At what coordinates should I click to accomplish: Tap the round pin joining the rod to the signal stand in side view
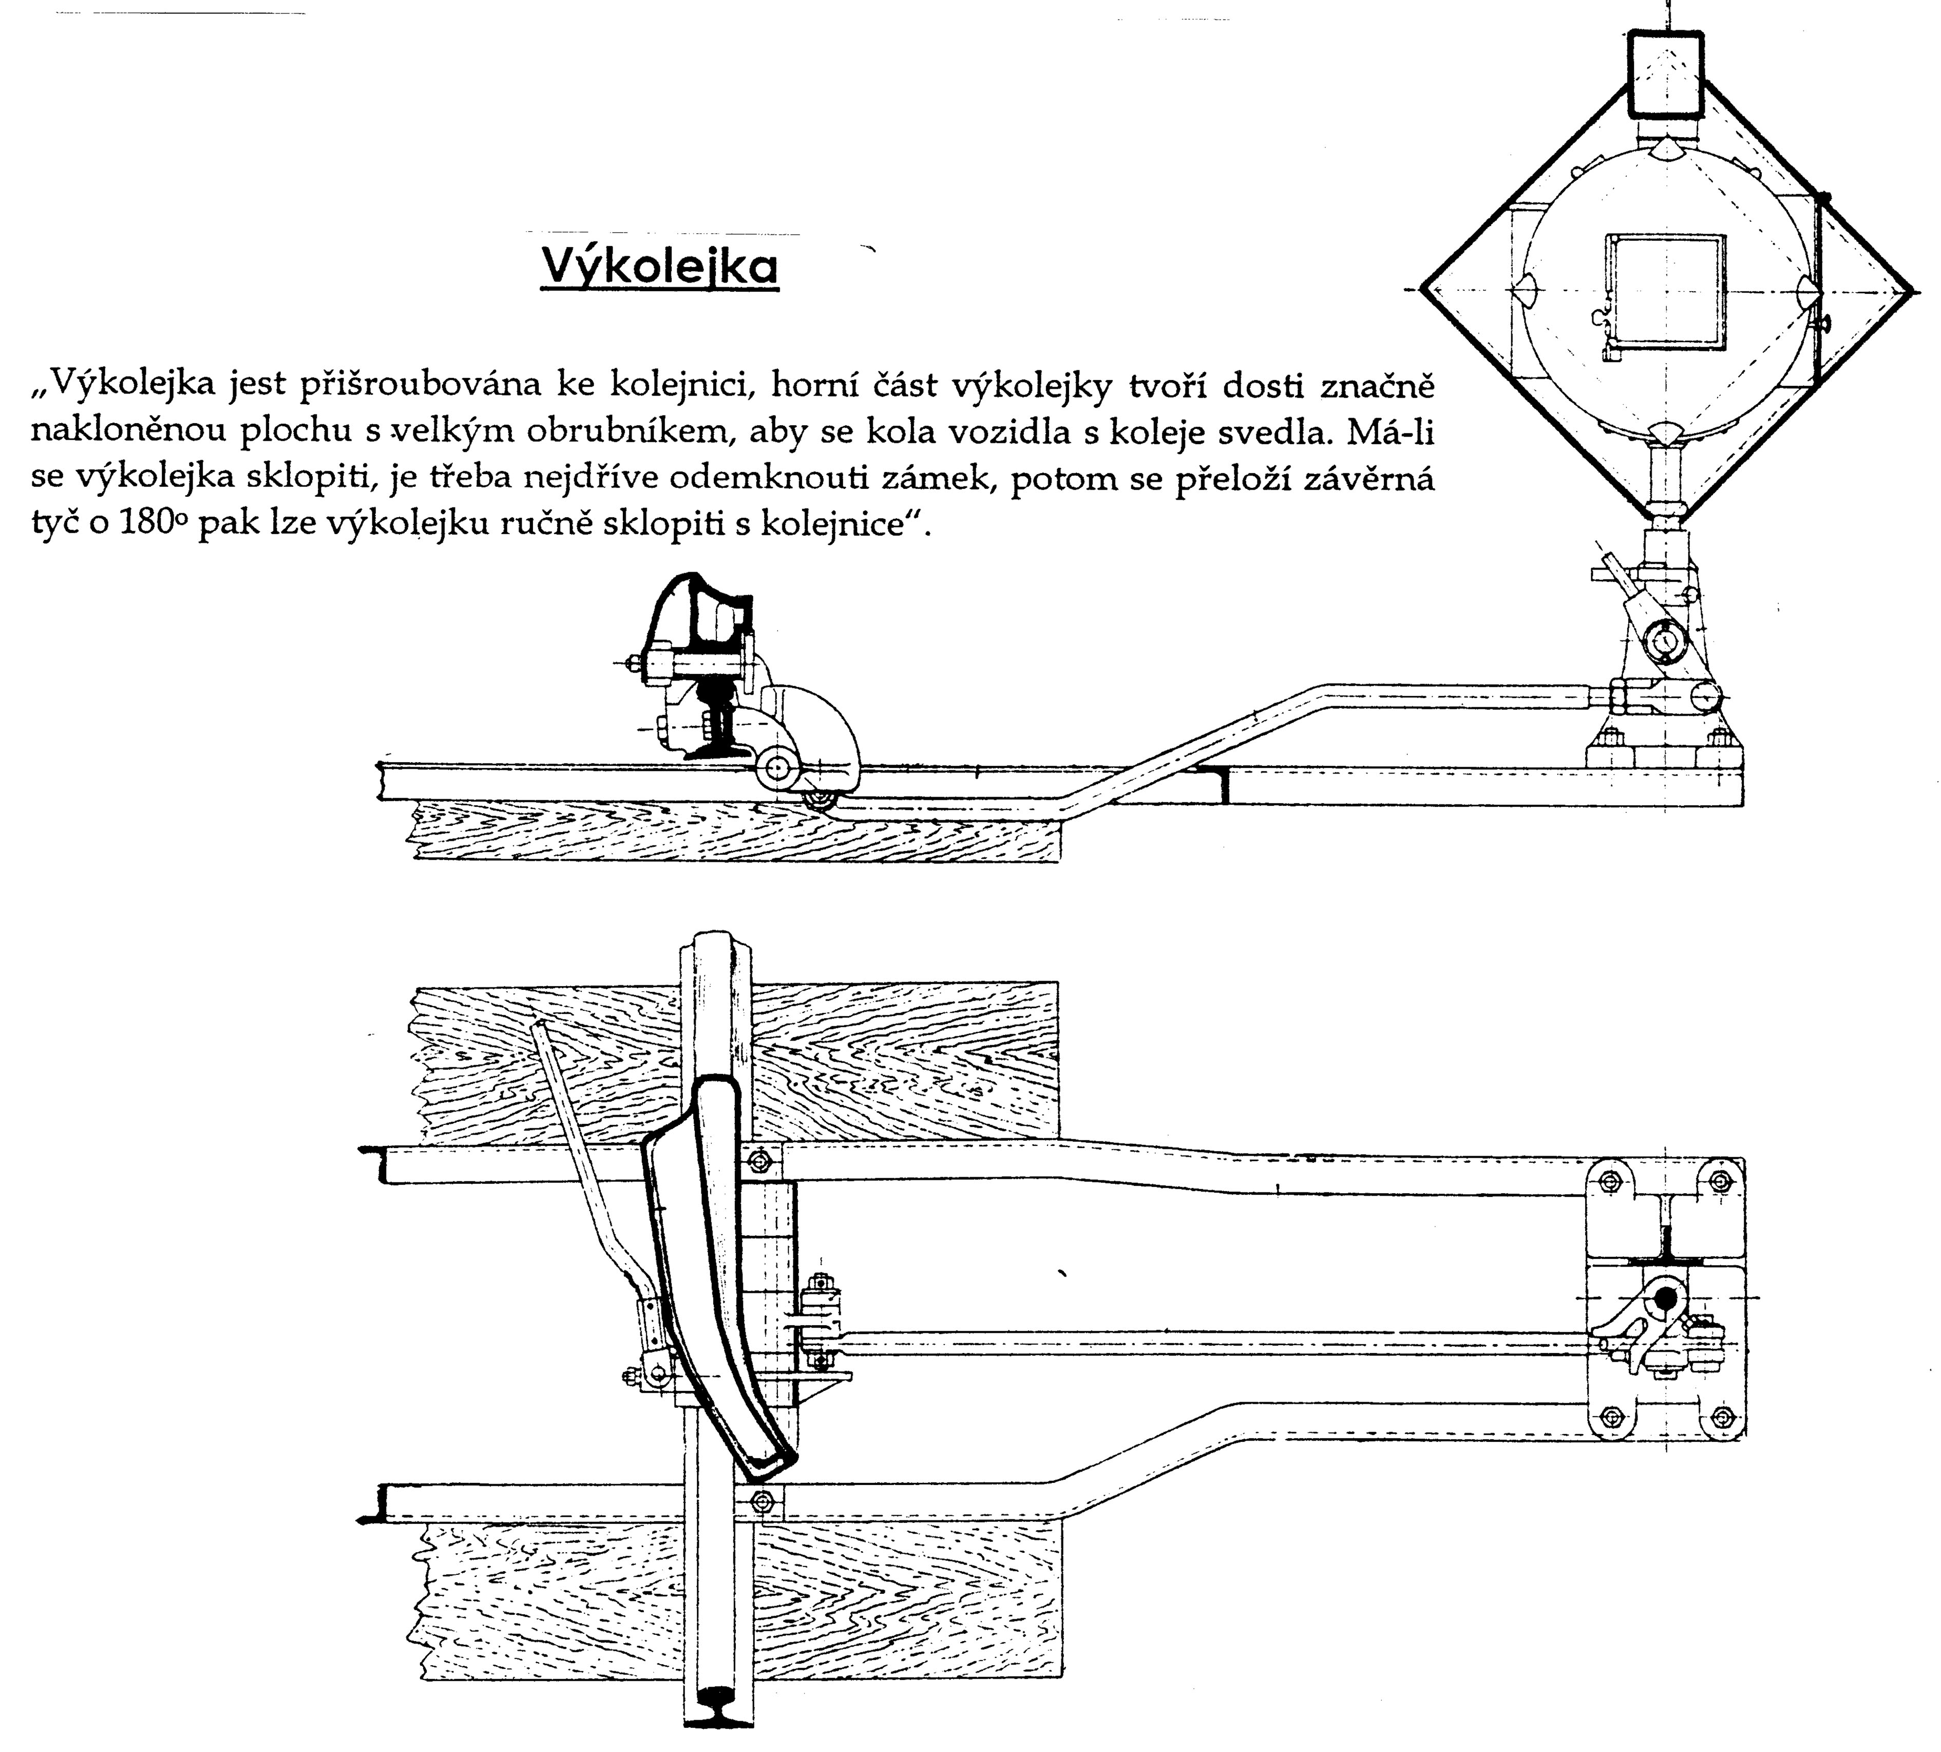(x=1703, y=695)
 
